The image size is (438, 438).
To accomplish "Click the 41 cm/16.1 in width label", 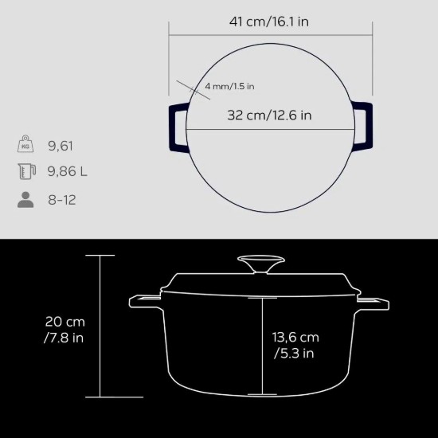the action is pyautogui.click(x=269, y=22).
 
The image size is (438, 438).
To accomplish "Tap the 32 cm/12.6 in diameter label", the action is pyautogui.click(x=269, y=115).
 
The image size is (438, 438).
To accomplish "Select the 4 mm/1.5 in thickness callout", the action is pyautogui.click(x=229, y=86).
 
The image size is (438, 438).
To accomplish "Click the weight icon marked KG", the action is pyautogui.click(x=25, y=143).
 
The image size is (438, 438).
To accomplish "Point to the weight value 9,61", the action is pyautogui.click(x=61, y=146).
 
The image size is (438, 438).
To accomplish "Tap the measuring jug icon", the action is pyautogui.click(x=27, y=171).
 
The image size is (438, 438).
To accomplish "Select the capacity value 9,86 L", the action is pyautogui.click(x=68, y=171).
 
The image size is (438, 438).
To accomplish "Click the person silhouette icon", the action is pyautogui.click(x=25, y=200).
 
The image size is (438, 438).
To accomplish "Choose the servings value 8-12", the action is pyautogui.click(x=62, y=200).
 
